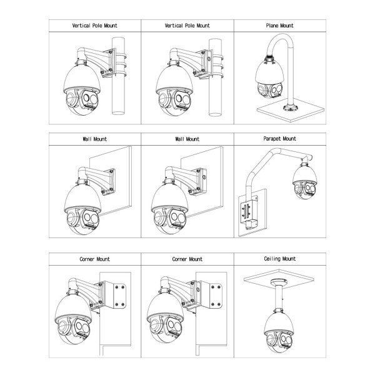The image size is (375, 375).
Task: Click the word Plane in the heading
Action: tap(272, 26)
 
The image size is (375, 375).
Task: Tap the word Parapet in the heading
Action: tap(272, 139)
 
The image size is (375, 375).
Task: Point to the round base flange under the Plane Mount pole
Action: tap(291, 108)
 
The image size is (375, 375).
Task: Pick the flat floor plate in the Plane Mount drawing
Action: tap(291, 110)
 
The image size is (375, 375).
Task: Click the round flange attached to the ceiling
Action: tap(279, 282)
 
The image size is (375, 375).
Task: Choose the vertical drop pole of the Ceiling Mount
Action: tap(279, 296)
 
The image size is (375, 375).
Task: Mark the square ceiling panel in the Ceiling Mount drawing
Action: tap(279, 277)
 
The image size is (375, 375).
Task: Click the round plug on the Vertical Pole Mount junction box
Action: tap(209, 59)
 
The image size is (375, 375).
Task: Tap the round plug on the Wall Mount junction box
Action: tap(204, 177)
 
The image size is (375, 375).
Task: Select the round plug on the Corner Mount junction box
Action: tap(197, 289)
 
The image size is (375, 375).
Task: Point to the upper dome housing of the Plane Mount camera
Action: tap(269, 71)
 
